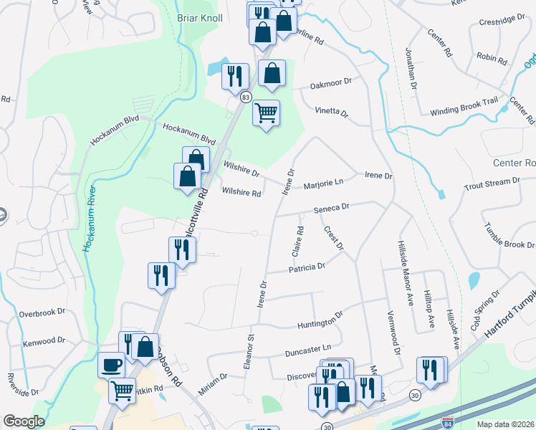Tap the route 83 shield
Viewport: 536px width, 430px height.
[x=246, y=97]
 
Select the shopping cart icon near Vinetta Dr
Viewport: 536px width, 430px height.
[x=266, y=113]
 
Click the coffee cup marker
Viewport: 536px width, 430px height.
[x=111, y=365]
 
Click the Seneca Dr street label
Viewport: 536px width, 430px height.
[x=330, y=206]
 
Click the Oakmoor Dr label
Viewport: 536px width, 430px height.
[x=331, y=84]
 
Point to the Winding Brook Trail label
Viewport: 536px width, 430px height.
[x=463, y=107]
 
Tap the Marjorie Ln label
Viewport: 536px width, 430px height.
[x=324, y=182]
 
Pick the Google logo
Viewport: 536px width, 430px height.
[x=23, y=421]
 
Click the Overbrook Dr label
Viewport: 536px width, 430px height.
[x=42, y=313]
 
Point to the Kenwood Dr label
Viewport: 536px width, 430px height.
[x=42, y=341]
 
